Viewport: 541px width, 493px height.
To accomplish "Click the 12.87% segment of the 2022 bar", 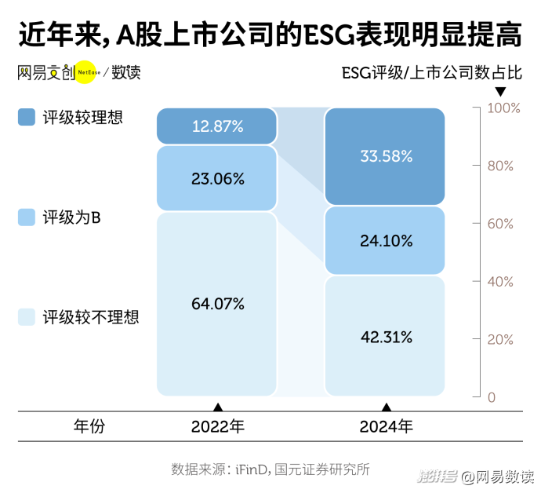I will point(217,126).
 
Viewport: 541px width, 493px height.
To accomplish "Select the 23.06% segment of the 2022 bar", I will point(217,178).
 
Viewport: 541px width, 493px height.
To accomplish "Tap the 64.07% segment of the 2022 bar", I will point(217,304).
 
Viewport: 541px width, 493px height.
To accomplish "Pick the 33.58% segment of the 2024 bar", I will point(385,156).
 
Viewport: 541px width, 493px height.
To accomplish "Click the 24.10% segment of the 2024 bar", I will point(385,241).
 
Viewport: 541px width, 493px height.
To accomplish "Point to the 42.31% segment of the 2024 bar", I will point(385,337).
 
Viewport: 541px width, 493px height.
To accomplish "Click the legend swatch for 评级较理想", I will point(26,118).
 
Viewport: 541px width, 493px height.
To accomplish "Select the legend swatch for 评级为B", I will point(26,217).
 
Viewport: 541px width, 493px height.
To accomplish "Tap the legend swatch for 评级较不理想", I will point(26,317).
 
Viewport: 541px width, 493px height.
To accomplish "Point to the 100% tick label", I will point(504,108).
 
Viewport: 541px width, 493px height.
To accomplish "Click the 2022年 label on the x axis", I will point(218,427).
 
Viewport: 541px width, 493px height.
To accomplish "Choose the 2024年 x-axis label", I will point(386,427).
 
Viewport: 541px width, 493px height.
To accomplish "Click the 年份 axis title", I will point(89,427).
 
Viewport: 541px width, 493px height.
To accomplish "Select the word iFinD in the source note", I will point(252,469).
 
